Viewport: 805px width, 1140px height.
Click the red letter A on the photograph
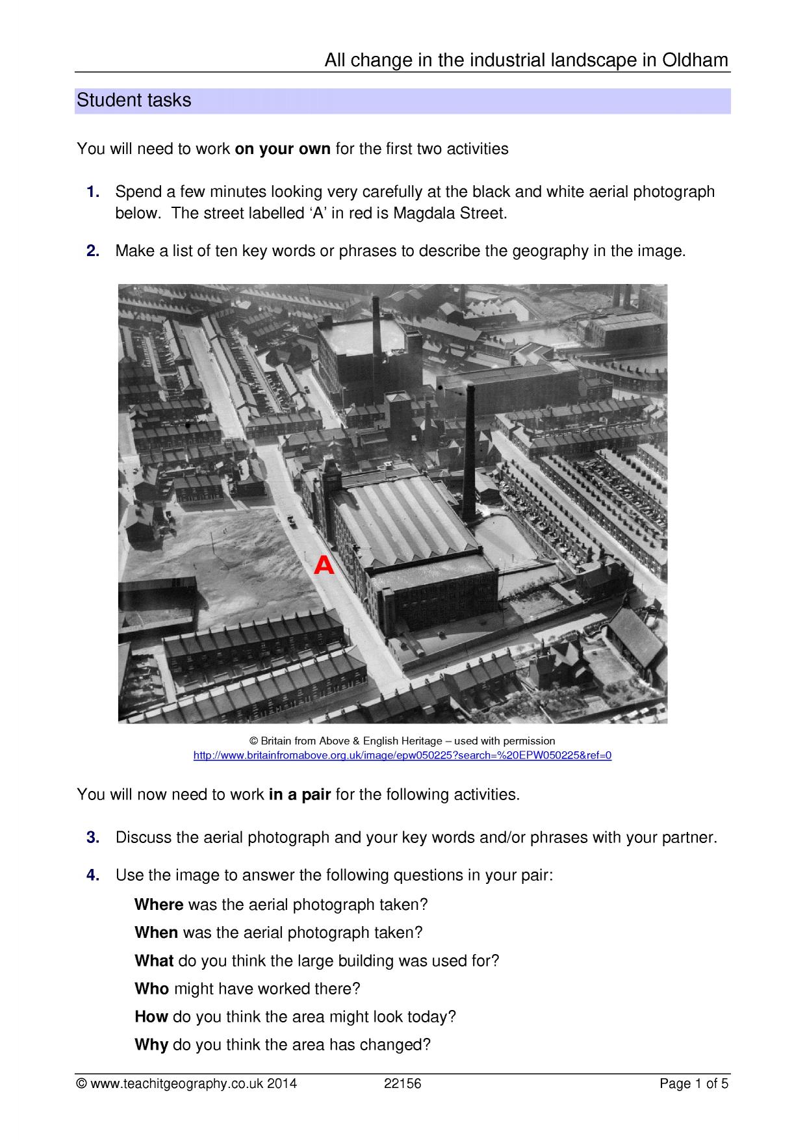(324, 566)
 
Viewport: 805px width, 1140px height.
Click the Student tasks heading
(134, 101)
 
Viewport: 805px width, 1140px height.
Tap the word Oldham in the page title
(695, 60)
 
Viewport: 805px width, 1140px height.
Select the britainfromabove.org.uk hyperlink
(403, 755)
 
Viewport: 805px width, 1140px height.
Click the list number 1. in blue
(93, 192)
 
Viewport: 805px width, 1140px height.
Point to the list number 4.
(93, 875)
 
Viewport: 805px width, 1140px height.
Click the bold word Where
(159, 905)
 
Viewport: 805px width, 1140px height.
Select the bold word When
(157, 933)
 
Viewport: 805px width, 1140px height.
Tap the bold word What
(154, 961)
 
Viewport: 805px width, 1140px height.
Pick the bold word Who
(152, 989)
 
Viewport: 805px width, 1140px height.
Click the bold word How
(151, 1017)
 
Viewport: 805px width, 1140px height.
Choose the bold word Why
(151, 1045)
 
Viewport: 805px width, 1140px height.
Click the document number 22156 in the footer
(403, 1083)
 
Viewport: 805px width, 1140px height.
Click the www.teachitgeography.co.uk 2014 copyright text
(186, 1083)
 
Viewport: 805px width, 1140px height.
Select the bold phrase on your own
(283, 149)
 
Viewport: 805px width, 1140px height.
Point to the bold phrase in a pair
(300, 795)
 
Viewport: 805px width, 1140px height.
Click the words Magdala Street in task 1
(449, 214)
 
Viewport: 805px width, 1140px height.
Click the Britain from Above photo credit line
(403, 741)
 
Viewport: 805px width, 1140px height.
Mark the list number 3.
(93, 837)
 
